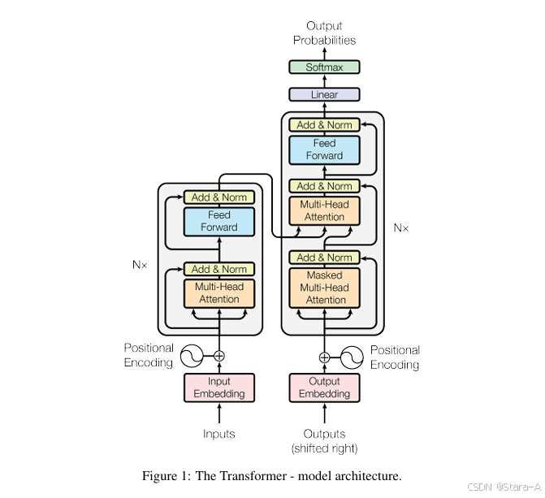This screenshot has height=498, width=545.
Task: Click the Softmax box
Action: [324, 67]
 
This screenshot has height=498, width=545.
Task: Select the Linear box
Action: [324, 95]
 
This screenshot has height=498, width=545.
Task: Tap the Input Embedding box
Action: [219, 388]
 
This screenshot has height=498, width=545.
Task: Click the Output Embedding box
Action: [324, 388]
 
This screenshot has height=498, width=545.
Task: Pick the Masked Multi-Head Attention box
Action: [324, 288]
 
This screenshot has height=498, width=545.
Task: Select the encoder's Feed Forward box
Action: [219, 221]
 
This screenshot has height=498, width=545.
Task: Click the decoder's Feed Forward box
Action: [324, 149]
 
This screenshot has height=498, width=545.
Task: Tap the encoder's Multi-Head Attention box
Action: [219, 292]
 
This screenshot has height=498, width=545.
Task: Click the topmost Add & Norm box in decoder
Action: [324, 125]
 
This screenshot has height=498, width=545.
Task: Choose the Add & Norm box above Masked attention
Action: [324, 258]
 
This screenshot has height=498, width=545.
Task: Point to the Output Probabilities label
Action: [324, 33]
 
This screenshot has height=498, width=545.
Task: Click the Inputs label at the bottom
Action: [219, 434]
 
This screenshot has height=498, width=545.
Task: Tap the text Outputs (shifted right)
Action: [324, 441]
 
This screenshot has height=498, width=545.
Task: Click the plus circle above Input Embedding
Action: [219, 356]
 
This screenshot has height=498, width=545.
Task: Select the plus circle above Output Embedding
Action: [324, 357]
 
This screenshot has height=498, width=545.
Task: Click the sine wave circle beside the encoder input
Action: [192, 356]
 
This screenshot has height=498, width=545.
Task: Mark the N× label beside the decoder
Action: [401, 228]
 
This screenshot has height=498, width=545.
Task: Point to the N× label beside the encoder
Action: [140, 264]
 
